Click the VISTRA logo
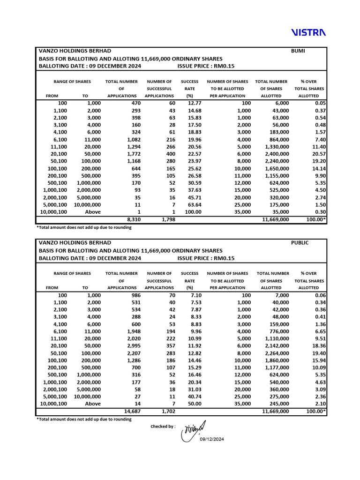click(x=308, y=32)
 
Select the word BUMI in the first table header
click(x=298, y=51)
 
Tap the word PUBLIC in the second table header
click(x=300, y=243)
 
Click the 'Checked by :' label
click(x=163, y=426)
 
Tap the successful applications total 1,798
click(x=168, y=219)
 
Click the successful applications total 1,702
click(x=168, y=411)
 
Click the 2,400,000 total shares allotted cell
click(x=277, y=154)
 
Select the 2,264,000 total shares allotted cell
click(x=277, y=353)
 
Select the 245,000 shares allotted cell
click(x=278, y=404)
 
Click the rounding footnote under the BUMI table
click(x=84, y=227)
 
